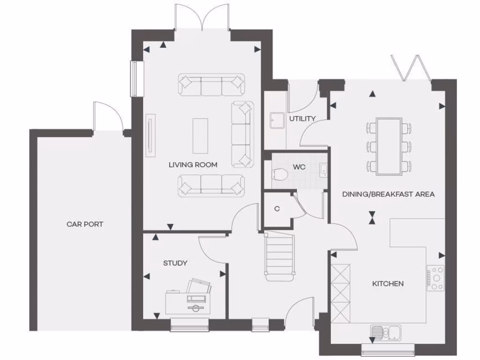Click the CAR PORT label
click(85, 224)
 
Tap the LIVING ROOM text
click(193, 165)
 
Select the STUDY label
click(175, 263)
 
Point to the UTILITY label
click(302, 119)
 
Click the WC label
click(300, 167)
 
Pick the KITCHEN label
click(388, 284)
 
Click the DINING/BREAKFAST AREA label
click(388, 194)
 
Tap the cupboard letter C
click(277, 209)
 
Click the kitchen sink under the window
click(384, 332)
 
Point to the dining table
click(389, 146)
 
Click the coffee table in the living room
click(200, 136)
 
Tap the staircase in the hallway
click(279, 256)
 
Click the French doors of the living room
click(202, 18)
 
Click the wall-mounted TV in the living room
click(150, 135)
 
